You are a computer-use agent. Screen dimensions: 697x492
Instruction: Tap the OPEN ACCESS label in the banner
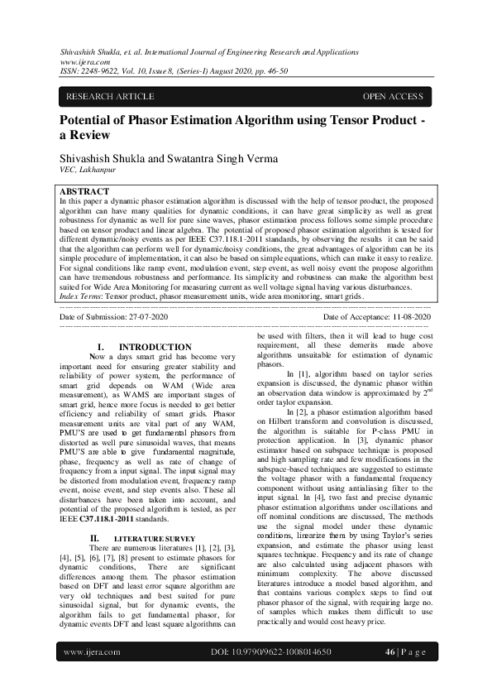(393, 97)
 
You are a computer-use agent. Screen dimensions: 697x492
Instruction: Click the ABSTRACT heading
(84, 191)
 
